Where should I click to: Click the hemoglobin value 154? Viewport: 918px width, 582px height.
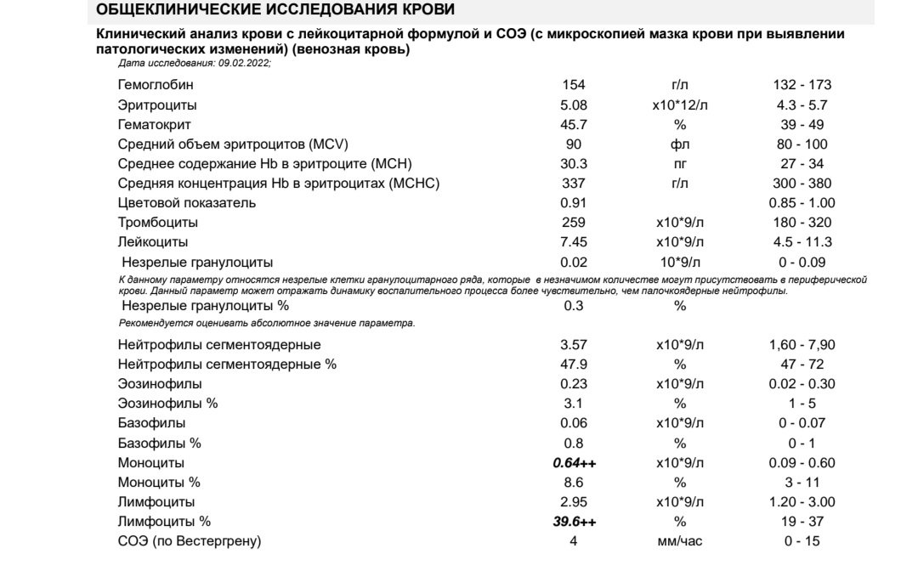tap(574, 85)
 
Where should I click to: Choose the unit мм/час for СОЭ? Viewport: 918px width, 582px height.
tap(680, 541)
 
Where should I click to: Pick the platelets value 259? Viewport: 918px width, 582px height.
tap(574, 223)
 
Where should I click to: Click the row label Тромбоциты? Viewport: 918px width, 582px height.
tap(158, 223)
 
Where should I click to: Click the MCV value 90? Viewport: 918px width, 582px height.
tap(574, 144)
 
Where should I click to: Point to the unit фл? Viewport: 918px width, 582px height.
tap(680, 144)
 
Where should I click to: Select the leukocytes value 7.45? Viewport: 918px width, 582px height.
tap(574, 242)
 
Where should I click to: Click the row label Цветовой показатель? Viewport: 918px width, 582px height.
tap(186, 203)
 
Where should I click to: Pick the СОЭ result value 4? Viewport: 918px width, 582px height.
tap(574, 541)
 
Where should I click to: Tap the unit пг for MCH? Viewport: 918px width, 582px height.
tap(680, 164)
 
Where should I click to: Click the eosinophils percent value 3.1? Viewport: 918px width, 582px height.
tap(574, 404)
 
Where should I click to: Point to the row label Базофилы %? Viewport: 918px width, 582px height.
tap(159, 444)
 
